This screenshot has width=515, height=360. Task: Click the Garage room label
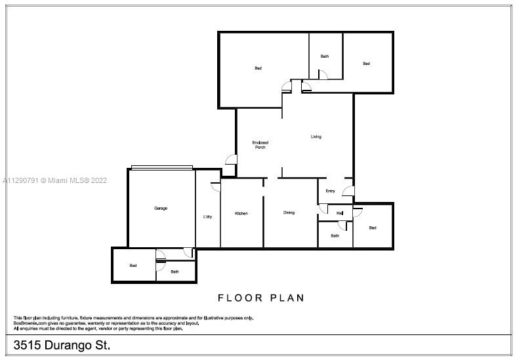(161, 208)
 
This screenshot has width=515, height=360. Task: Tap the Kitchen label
(241, 213)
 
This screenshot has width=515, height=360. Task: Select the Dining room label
(289, 212)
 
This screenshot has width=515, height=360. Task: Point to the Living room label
(316, 136)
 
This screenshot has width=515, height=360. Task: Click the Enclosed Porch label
(260, 145)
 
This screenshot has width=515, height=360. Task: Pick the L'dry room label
(207, 216)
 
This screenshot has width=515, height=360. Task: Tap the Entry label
(330, 191)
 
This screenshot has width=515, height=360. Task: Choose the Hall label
(340, 213)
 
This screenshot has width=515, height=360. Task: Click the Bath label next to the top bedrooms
(325, 56)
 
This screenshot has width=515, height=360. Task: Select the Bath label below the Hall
(335, 235)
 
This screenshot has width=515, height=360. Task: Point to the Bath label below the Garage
(175, 271)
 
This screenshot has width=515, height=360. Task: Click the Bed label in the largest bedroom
(258, 68)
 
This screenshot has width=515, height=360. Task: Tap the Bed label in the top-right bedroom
(366, 64)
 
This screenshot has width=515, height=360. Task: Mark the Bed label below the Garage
(133, 265)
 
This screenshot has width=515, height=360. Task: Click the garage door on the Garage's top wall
(162, 167)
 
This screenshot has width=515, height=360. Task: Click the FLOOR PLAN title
(261, 298)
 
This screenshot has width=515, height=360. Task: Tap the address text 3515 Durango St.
(62, 345)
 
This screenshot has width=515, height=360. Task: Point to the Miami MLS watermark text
(54, 180)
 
